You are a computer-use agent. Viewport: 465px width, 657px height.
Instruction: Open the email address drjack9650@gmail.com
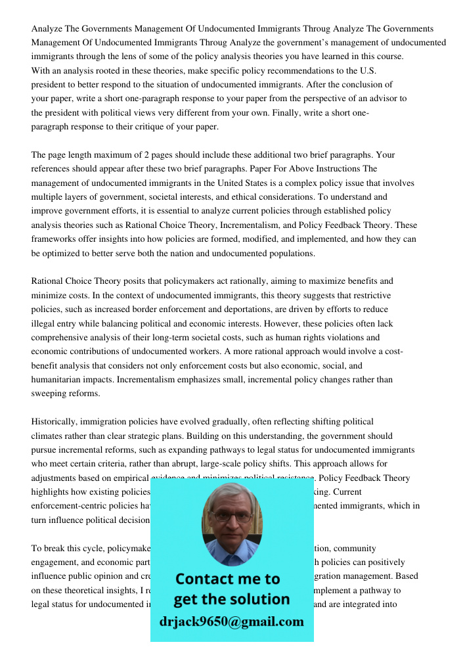[x=231, y=622]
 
